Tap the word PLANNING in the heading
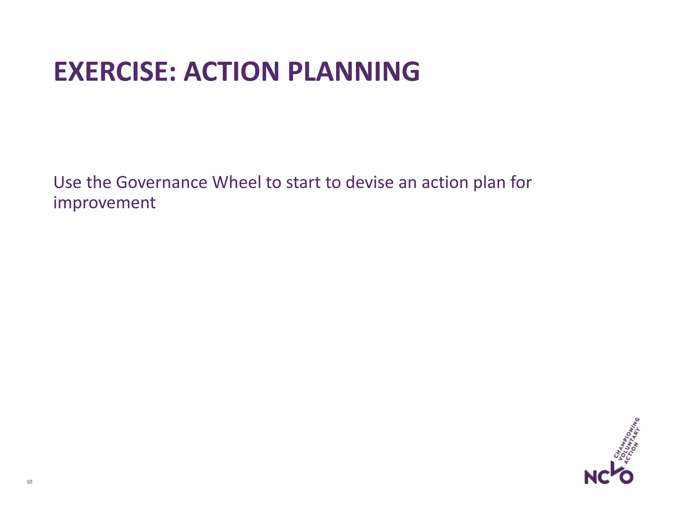point(353,72)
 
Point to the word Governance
point(161,183)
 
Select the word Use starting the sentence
point(67,183)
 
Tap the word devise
point(369,183)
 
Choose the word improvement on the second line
point(104,203)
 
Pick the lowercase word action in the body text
point(445,183)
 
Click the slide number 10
point(29,482)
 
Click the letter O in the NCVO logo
point(626,477)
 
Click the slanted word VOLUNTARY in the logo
point(629,445)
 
